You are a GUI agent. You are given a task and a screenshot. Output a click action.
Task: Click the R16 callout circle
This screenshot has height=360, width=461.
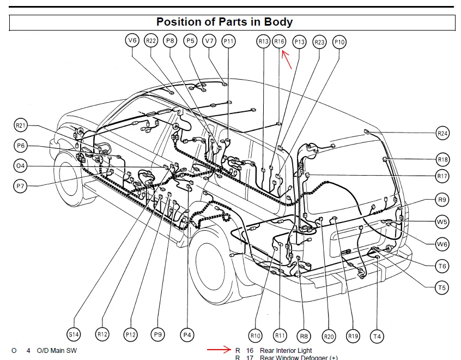[279, 41]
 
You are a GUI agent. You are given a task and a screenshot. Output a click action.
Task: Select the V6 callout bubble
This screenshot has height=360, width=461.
[132, 40]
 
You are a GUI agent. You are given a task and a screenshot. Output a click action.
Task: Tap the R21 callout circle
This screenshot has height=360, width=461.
[21, 125]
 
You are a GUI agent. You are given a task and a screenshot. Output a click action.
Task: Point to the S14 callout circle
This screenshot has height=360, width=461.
[74, 334]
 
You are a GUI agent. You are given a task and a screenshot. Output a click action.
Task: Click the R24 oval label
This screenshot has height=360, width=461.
[442, 133]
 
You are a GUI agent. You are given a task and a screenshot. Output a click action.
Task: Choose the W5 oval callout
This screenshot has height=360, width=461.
[442, 222]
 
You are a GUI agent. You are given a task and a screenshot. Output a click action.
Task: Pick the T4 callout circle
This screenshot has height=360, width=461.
[376, 336]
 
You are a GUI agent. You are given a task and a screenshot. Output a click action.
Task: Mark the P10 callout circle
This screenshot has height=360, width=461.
[339, 41]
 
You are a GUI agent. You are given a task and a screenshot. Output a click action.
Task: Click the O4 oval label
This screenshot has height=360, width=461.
[21, 165]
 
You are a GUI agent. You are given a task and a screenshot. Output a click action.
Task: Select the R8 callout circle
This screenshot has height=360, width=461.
[304, 335]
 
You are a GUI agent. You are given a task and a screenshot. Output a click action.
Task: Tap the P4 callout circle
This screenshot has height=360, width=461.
[187, 334]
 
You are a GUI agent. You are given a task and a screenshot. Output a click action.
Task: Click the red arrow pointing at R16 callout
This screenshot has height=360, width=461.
[287, 59]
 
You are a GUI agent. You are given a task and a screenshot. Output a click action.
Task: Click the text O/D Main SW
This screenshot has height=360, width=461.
[57, 350]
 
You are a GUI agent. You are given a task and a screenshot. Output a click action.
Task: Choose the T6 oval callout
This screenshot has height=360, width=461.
[442, 266]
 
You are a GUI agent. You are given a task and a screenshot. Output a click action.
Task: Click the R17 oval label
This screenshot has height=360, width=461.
[442, 176]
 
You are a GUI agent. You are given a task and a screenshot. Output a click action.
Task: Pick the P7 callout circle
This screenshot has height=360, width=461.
[21, 186]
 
